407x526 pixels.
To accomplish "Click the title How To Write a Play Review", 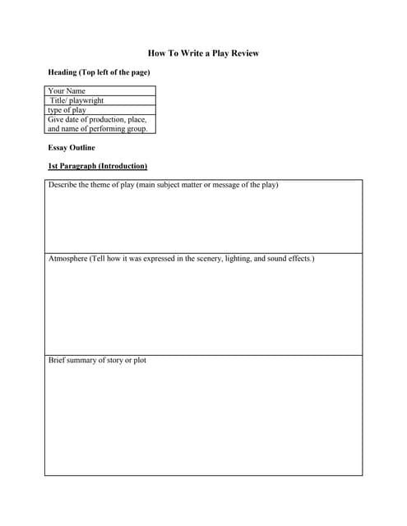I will pos(203,53).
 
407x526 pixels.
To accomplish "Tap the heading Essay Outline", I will pos(72,148).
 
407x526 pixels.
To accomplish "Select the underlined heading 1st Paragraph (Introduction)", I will pos(97,166).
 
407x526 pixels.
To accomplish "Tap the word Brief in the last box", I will pos(57,361).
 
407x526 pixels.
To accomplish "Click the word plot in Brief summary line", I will pos(140,361).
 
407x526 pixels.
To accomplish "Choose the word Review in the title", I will pos(244,53).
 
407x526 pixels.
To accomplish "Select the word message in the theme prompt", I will pos(230,185).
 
